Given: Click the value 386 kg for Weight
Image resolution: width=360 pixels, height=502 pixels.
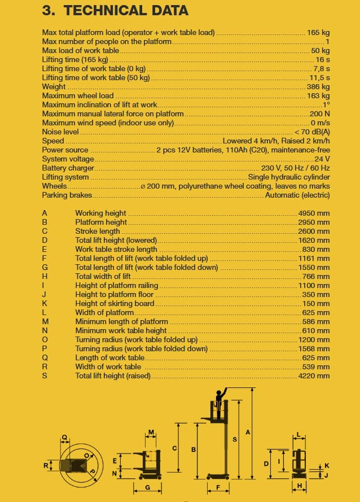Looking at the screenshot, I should pos(318,87).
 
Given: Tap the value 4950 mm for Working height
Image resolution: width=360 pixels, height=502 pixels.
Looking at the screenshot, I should pos(314,213).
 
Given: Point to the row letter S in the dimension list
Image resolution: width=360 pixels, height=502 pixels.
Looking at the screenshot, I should pos(45,376).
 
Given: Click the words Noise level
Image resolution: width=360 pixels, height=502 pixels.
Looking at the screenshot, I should pos(60,132).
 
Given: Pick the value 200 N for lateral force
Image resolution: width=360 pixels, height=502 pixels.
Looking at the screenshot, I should pos(319,114).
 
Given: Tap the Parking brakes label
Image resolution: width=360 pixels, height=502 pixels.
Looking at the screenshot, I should pos(67,195).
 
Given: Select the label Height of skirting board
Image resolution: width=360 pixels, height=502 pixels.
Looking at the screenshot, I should pos(115,304).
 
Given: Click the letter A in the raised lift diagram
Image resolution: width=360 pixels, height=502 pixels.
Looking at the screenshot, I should pos(248,433).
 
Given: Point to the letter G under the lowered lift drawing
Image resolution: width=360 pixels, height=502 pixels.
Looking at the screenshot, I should pos(147,487).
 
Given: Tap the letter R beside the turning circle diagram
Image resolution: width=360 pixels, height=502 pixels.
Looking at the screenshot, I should pos(46,466).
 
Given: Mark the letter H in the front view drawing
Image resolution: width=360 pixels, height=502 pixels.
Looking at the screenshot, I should pos(299,486).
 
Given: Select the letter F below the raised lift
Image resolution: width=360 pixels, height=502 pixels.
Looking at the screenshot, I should pos(218,487).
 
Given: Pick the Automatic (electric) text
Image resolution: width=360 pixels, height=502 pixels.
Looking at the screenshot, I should pos(297,195).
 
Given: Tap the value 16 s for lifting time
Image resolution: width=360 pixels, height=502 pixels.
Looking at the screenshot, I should pos(323,60).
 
